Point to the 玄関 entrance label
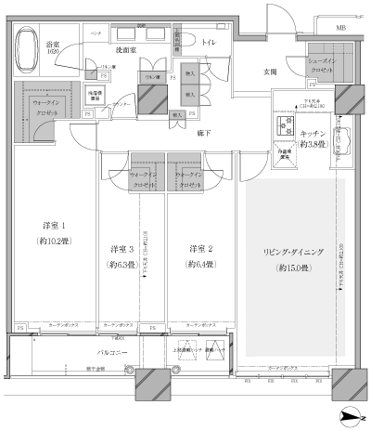click(245, 72)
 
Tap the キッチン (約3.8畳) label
click(313, 138)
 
